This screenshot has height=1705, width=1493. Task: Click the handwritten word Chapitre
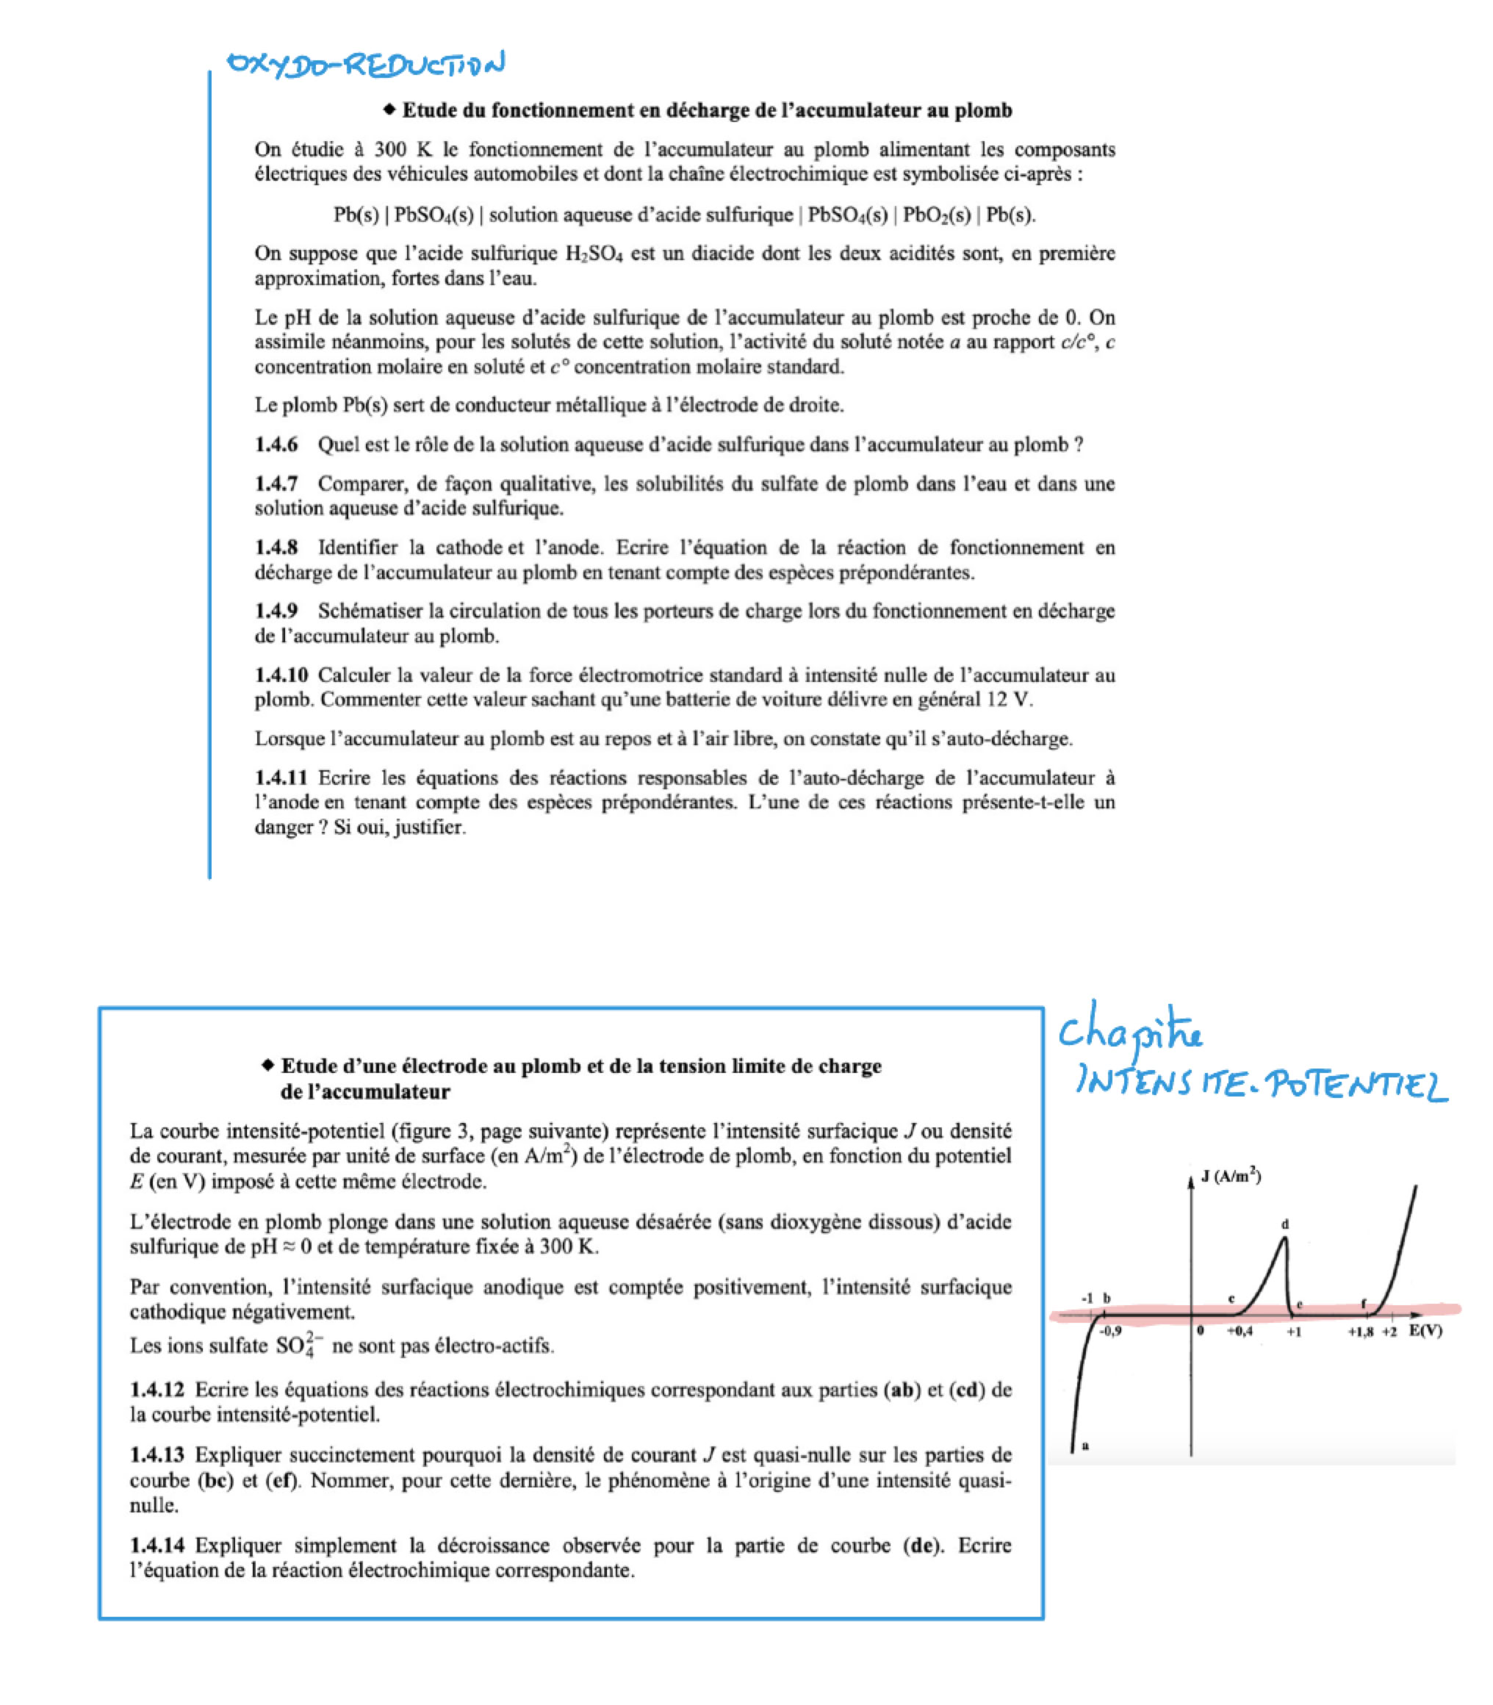click(1131, 1034)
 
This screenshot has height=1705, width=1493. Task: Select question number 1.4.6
click(276, 444)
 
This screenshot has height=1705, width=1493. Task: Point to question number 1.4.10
click(281, 675)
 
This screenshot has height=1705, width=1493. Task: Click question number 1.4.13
click(157, 1455)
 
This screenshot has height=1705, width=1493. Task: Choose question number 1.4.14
click(157, 1546)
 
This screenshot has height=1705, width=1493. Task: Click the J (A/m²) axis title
click(1231, 1177)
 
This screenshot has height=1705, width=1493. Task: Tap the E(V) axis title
click(1425, 1330)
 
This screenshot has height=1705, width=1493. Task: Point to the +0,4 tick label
click(1240, 1332)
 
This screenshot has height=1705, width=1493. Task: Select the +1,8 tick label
click(1361, 1332)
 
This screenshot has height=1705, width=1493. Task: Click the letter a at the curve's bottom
click(1084, 1445)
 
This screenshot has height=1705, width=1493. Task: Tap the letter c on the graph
click(1231, 1299)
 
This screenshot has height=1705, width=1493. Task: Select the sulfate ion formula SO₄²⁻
click(297, 1345)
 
